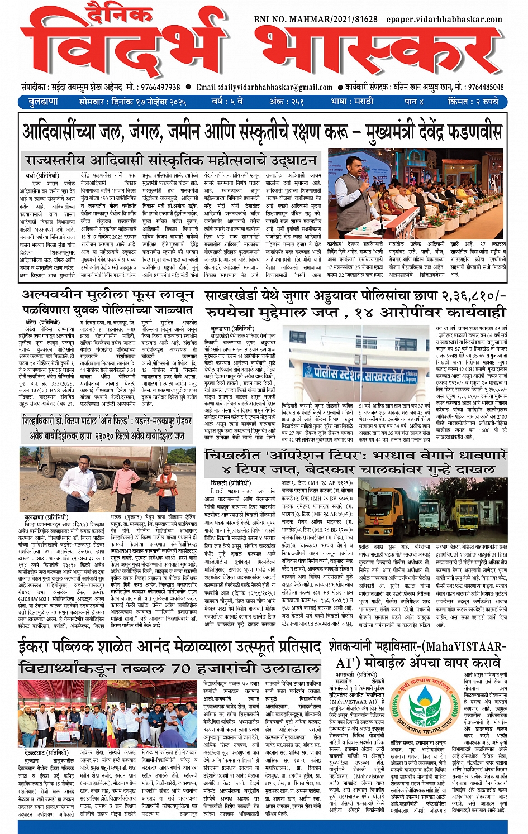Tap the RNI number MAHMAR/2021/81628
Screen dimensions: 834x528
pyautogui.click(x=316, y=19)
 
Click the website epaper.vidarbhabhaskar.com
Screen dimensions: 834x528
pyautogui.click(x=444, y=19)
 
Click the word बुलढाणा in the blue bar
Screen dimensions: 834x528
pyautogui.click(x=43, y=102)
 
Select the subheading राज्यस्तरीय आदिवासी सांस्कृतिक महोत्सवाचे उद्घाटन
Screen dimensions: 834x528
pyautogui.click(x=170, y=161)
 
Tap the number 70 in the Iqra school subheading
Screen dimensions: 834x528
pyautogui.click(x=182, y=668)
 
